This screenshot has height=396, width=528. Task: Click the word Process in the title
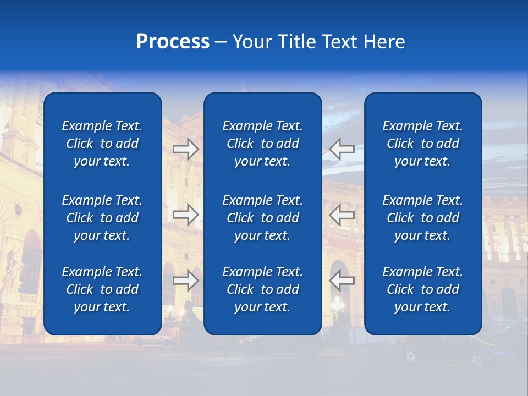point(173,42)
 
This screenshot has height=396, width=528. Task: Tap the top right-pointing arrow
point(186,148)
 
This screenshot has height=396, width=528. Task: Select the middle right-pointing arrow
point(186,215)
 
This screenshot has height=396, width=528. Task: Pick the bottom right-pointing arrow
point(186,280)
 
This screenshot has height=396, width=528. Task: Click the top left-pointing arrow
point(342,148)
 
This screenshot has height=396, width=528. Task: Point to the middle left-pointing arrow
point(342,215)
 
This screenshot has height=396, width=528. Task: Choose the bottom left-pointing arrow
point(342,280)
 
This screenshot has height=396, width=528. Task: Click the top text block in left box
point(102,144)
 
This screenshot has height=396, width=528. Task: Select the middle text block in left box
point(102,218)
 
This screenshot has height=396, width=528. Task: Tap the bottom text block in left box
point(102,289)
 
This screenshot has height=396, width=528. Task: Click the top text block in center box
point(263,144)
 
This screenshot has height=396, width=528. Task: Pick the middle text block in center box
point(263,218)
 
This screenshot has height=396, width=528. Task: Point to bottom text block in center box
point(263,289)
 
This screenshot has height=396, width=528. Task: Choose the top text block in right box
point(423,144)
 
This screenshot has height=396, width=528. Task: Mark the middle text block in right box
point(423,218)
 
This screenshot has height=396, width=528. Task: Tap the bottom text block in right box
point(423,289)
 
